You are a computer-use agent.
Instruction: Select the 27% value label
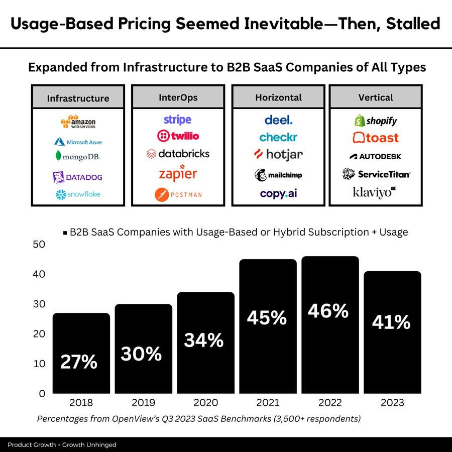79,362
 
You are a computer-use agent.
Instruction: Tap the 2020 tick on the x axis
205,403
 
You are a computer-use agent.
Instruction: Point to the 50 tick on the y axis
39,245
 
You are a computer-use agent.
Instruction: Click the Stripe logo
177,120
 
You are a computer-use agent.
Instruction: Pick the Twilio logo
178,136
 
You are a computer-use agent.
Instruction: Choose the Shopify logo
376,121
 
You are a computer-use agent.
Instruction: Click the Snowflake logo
78,194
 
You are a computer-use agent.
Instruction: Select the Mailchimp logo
278,175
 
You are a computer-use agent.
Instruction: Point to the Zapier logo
178,173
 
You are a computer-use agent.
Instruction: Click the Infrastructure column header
78,98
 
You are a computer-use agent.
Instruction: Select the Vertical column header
376,97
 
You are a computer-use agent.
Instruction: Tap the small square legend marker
65,233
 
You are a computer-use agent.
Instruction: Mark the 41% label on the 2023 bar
391,322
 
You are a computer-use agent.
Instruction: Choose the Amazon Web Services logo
78,122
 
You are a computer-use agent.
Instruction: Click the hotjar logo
278,155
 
